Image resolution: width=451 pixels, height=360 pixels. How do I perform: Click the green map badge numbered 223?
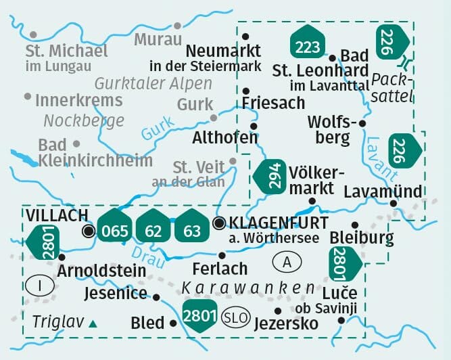pos(306,43)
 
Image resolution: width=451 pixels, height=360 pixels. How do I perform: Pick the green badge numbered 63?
pos(192,229)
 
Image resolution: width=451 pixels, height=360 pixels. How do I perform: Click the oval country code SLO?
pos(234,317)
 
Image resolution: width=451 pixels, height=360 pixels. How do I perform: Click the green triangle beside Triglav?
pos(93,324)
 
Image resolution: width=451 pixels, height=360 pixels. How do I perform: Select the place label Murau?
pos(158,39)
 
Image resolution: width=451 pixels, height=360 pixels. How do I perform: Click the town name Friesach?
pos(274,103)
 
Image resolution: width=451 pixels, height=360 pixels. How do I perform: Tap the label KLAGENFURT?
pos(279,223)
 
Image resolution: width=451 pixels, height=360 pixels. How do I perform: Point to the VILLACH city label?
pos(57,215)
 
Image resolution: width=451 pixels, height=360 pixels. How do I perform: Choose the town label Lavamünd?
pos(383,192)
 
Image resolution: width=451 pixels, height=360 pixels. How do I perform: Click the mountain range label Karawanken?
pos(249,289)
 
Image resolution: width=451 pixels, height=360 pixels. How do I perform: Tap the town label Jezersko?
pos(285,323)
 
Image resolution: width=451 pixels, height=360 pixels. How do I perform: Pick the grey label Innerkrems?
pos(78,100)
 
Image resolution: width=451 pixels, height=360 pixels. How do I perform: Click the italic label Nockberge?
pos(84,121)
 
